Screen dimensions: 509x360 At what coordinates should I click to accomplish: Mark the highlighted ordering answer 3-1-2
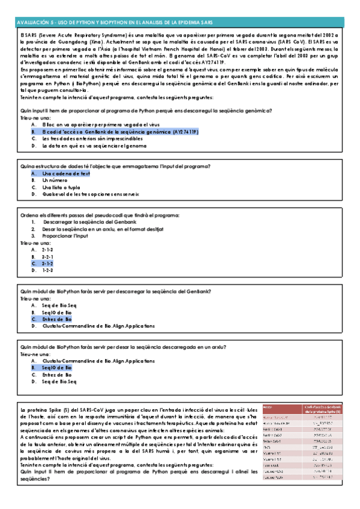[47, 263]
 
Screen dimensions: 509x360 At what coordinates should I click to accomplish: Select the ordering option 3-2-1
[47, 256]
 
